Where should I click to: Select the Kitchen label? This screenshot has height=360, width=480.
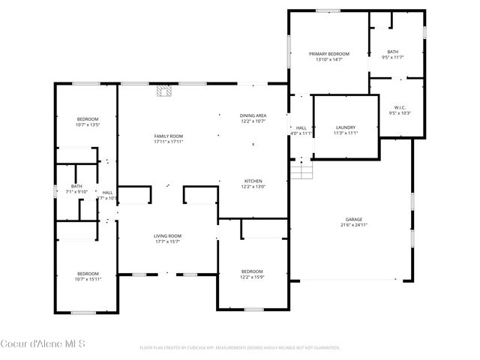(x=253, y=181)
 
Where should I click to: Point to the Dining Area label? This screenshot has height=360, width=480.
(x=253, y=115)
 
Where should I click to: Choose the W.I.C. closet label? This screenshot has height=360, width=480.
(x=397, y=107)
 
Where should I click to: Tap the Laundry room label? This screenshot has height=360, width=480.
(x=346, y=127)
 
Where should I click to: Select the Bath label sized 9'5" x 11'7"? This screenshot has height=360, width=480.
(x=393, y=52)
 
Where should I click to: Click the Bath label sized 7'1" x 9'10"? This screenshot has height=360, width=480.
(x=76, y=186)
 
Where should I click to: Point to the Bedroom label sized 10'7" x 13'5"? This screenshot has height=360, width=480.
(x=88, y=119)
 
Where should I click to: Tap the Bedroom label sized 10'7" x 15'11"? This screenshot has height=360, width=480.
(x=88, y=273)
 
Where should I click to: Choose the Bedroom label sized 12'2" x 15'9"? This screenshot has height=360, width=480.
(x=252, y=271)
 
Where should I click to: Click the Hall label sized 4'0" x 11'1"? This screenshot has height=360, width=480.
(x=301, y=127)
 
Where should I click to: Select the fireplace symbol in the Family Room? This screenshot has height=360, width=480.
(x=163, y=92)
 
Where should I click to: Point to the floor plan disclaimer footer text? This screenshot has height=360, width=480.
(x=240, y=348)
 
